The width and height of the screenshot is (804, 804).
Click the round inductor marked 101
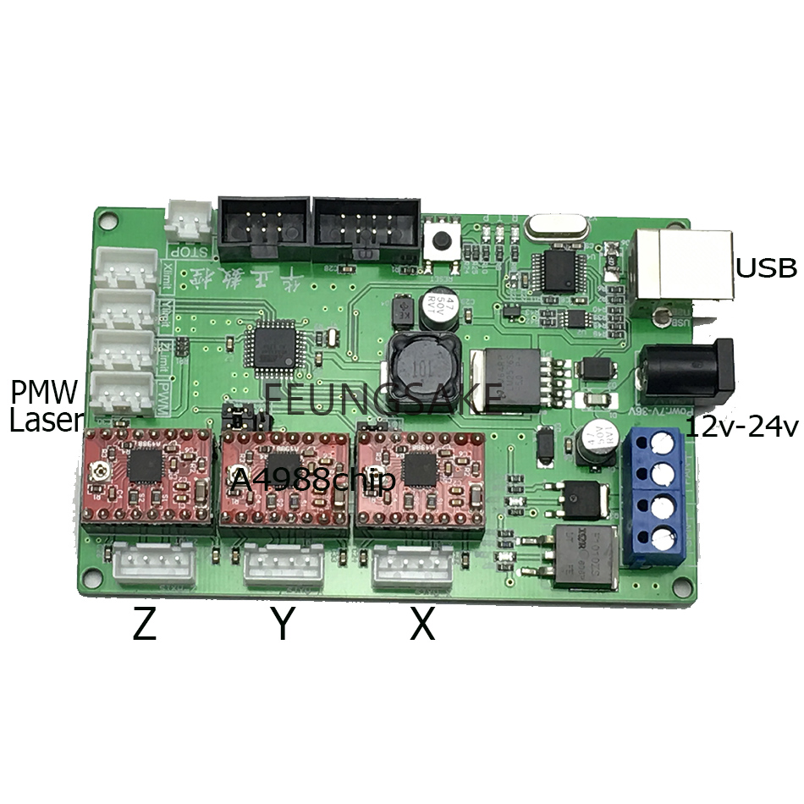[419, 365]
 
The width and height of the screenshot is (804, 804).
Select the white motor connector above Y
[284, 564]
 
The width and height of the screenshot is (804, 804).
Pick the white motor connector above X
[412, 564]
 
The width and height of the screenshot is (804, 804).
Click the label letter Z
[145, 625]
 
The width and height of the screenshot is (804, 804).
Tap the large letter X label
[422, 625]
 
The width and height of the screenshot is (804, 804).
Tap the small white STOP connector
[189, 222]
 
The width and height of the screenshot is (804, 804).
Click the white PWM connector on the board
[124, 391]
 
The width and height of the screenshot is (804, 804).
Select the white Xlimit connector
[124, 269]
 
